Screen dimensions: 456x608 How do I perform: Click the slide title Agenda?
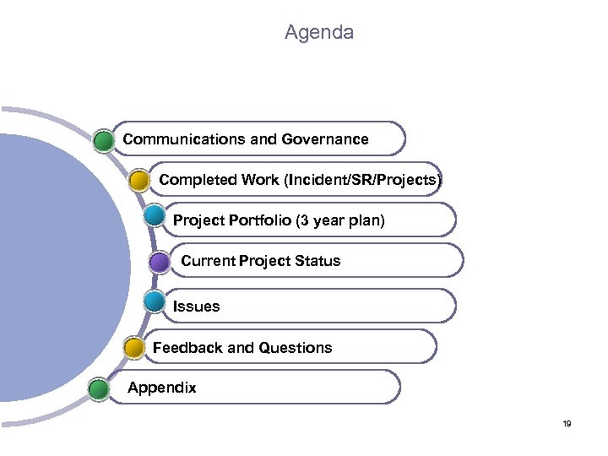(318, 33)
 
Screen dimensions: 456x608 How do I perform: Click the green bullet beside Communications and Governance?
(104, 140)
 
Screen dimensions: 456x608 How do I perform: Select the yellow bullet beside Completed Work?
(140, 180)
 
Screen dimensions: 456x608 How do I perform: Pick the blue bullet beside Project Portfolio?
(155, 214)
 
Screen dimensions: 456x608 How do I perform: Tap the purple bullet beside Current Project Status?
(160, 262)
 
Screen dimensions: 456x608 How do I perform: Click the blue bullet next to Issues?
(155, 300)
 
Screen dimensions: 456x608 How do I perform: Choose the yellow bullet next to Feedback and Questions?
(134, 347)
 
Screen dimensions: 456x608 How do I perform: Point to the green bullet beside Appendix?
(99, 388)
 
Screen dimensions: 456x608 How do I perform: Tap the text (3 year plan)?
(339, 220)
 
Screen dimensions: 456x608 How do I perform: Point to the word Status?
(315, 261)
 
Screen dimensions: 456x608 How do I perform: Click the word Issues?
(196, 307)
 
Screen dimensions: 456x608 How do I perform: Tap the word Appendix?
(161, 388)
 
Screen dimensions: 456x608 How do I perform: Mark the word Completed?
(197, 180)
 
